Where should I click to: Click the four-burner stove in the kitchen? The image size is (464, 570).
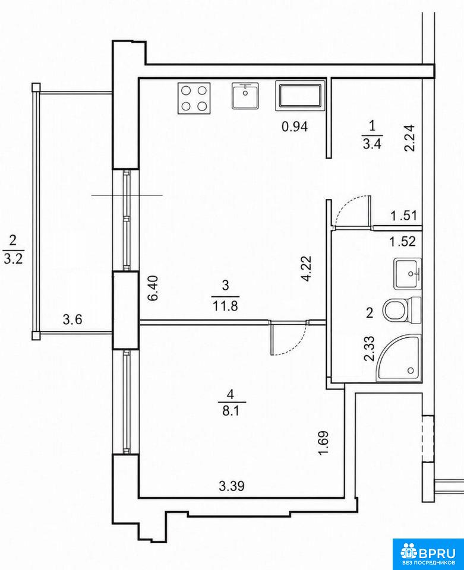click(x=194, y=98)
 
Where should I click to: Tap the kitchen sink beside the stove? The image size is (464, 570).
click(x=245, y=96)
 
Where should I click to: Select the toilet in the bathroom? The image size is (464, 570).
click(x=402, y=310)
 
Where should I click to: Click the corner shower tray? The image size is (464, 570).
click(x=399, y=357)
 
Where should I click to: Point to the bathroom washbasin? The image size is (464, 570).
click(x=408, y=273)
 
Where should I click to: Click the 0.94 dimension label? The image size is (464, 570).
click(x=295, y=126)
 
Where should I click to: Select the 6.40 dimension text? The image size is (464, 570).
click(x=153, y=288)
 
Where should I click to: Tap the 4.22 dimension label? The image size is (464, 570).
click(x=307, y=268)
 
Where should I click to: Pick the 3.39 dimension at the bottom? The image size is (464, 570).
click(x=232, y=486)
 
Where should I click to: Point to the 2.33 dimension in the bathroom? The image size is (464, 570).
click(x=369, y=348)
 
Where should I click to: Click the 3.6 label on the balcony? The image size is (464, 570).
click(x=72, y=319)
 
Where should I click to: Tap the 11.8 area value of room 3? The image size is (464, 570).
click(x=225, y=306)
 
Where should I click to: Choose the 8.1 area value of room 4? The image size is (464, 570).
click(x=232, y=411)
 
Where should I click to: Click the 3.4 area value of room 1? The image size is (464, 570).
click(x=371, y=144)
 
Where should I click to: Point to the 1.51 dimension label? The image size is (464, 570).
click(x=403, y=216)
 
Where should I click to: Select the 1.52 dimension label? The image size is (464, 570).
click(x=403, y=241)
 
